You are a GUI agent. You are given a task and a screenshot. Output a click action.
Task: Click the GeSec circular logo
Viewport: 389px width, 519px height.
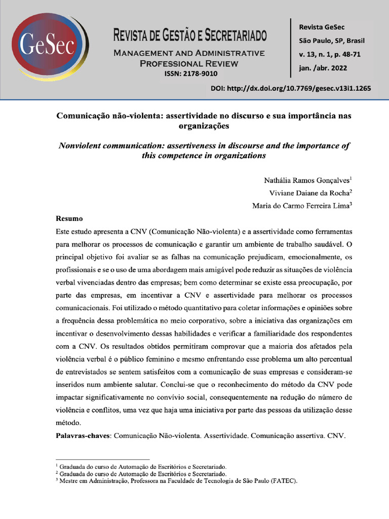[49, 47]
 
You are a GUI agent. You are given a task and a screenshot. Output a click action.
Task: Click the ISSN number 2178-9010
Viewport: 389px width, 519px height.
[190, 74]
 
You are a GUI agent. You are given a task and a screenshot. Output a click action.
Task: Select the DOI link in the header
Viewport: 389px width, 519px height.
[291, 88]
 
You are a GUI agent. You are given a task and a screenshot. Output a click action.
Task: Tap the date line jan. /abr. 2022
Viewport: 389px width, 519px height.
[323, 68]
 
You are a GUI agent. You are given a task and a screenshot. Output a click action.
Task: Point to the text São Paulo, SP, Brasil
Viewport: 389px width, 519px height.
[332, 41]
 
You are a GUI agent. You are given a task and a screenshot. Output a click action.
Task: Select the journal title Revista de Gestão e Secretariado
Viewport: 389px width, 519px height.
[190, 35]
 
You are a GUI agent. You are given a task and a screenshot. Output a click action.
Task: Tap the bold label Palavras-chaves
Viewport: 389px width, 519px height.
[82, 435]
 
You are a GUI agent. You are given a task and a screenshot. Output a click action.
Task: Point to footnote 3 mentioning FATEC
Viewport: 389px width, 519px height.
[177, 481]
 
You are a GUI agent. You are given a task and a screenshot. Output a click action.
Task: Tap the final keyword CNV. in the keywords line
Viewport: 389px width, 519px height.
[336, 435]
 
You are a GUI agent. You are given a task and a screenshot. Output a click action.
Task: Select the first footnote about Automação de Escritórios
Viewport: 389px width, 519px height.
[142, 466]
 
